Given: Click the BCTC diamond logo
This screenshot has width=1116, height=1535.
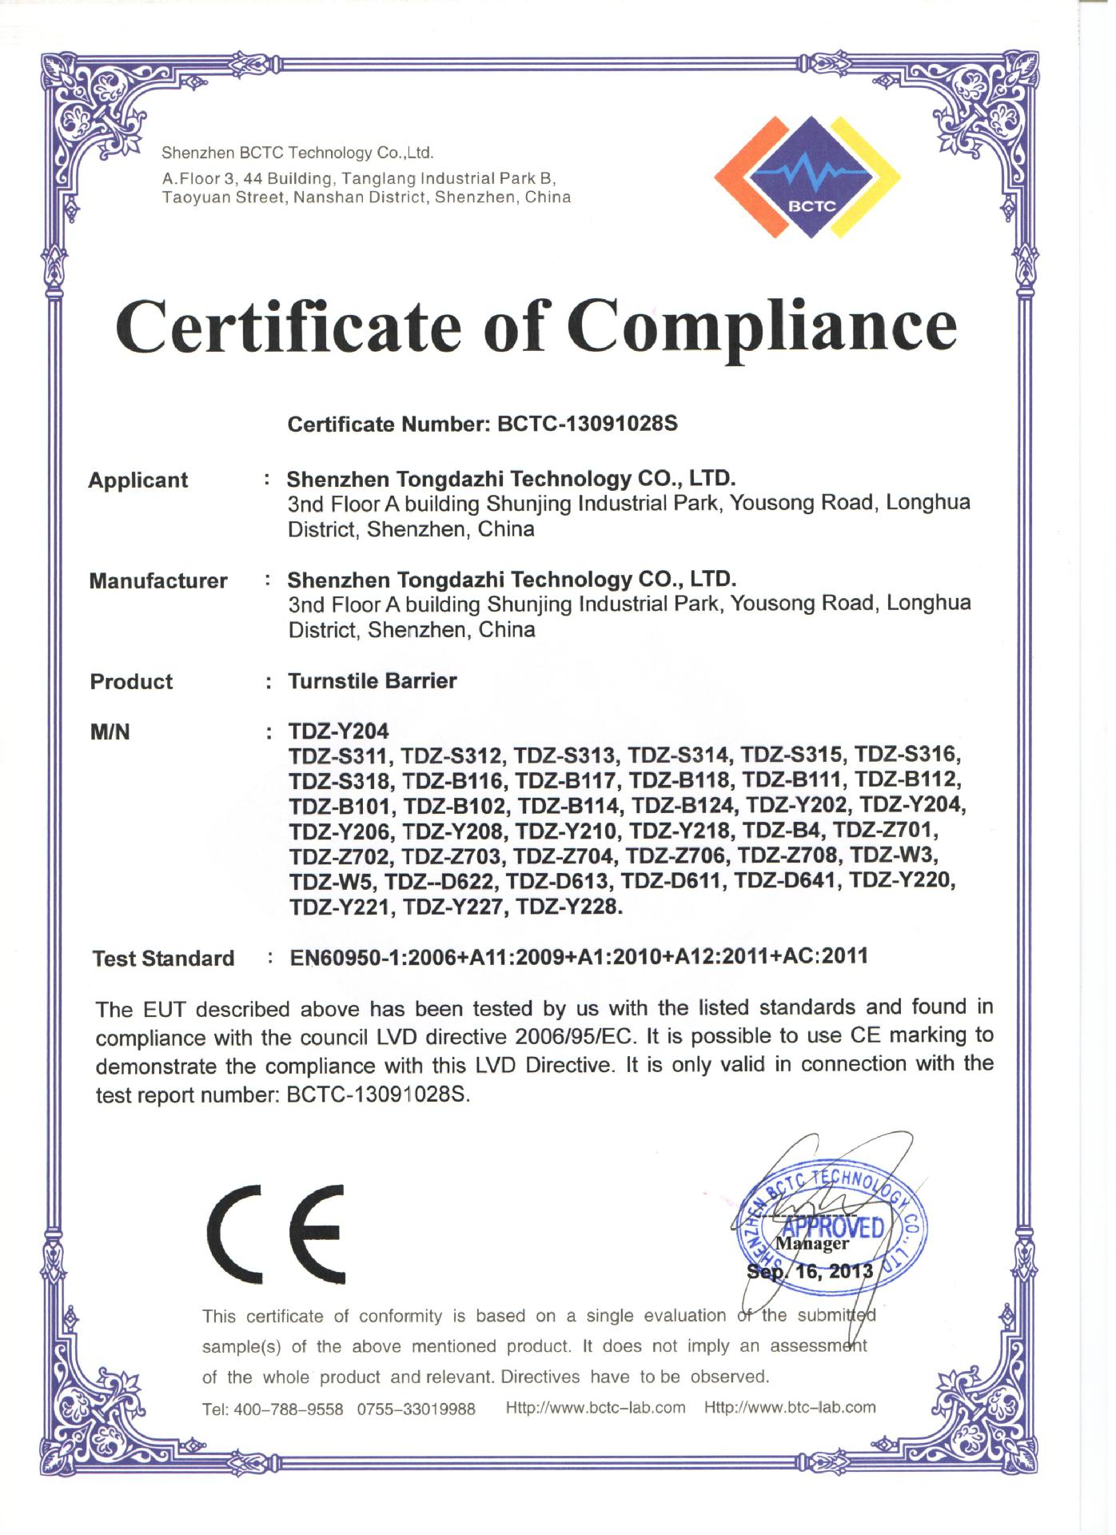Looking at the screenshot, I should tap(807, 177).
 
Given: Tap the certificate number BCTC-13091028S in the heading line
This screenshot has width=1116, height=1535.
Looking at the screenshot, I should tap(588, 424).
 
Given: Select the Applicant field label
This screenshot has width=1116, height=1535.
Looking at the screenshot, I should tap(138, 480).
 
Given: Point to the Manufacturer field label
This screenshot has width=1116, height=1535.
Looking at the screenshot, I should tap(158, 581).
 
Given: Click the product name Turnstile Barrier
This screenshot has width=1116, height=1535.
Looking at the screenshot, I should tap(373, 681).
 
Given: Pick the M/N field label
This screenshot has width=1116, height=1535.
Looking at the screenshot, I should tap(110, 732).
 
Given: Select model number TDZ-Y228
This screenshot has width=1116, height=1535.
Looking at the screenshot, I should tap(568, 907).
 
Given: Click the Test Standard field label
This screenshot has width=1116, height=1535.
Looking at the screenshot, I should tap(164, 959).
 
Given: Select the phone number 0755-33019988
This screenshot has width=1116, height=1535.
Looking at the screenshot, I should tap(417, 1409).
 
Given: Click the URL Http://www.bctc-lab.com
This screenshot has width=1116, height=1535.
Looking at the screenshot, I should tap(596, 1408).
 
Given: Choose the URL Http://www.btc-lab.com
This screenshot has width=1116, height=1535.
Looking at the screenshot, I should tap(790, 1408).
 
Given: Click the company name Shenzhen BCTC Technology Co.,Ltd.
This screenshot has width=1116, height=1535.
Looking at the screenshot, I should tap(297, 153).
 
